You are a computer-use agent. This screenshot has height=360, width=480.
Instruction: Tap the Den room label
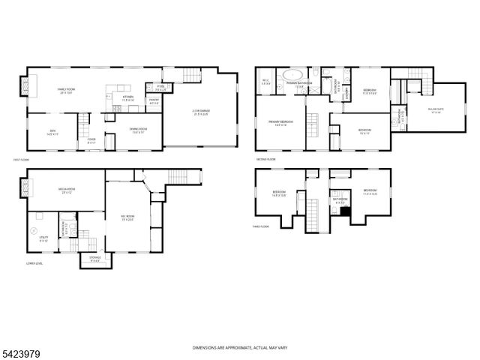[x=52, y=134]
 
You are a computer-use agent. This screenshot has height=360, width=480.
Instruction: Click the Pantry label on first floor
[x=154, y=101]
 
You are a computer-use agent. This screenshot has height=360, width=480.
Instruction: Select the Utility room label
[x=43, y=239]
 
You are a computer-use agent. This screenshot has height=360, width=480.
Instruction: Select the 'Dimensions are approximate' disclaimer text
[x=239, y=348]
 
